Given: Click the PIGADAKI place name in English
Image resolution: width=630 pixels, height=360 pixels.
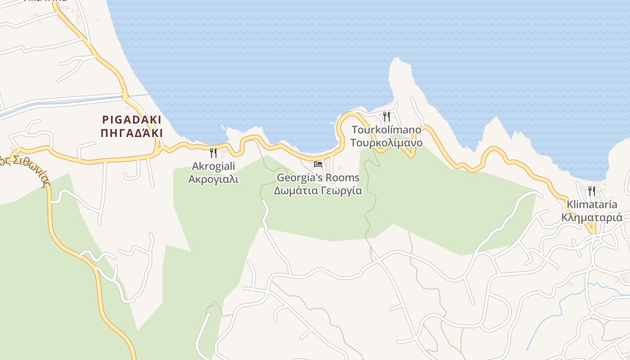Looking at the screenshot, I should click(132, 120).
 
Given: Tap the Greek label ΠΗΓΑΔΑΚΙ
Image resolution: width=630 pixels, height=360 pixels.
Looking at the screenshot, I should click(132, 133).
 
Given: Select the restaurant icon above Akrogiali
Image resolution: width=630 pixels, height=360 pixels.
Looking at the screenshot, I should click(213, 153).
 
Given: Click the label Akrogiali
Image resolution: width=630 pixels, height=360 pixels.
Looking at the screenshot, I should click(214, 166).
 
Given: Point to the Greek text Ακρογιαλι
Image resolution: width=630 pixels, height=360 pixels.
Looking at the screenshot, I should click(213, 179).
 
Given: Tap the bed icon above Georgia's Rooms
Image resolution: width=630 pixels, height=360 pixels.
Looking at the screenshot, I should click(318, 164).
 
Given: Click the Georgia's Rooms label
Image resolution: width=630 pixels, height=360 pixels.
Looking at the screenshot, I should click(318, 178).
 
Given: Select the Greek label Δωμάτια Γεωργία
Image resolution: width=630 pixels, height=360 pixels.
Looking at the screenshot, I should click(318, 190).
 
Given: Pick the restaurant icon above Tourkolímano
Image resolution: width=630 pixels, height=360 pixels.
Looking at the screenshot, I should click(387, 117).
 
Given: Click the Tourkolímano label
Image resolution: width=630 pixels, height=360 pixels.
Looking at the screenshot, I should click(387, 130).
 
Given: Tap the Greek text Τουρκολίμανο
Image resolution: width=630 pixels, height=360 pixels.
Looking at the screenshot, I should click(387, 143).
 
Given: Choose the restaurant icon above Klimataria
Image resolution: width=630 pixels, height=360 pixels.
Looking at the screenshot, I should click(591, 191).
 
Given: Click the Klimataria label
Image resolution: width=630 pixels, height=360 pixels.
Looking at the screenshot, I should click(592, 205).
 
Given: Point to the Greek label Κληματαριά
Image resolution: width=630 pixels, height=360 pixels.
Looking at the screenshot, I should click(592, 218).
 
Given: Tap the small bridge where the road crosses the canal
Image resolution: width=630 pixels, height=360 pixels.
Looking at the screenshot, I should click(125, 96).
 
